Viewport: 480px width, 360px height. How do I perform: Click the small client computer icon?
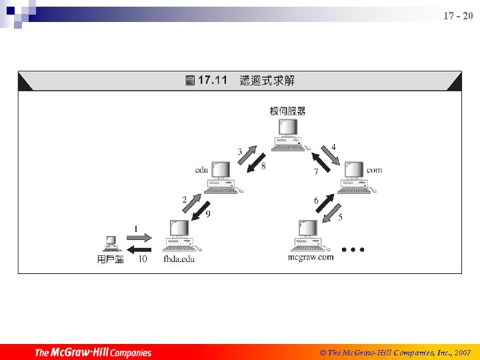click(x=111, y=244)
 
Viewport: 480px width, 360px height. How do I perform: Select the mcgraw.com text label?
click(x=311, y=257)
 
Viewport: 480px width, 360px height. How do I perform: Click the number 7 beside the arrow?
click(x=316, y=172)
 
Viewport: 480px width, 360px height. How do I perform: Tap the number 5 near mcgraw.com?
click(x=341, y=217)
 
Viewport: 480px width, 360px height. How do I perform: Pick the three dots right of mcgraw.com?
click(x=353, y=249)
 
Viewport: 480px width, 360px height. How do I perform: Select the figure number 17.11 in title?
click(x=213, y=81)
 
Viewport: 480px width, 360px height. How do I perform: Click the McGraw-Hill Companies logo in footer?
click(x=93, y=352)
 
